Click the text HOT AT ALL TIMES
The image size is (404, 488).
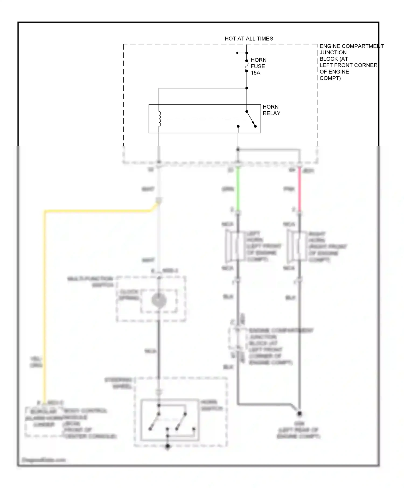[x=249, y=39]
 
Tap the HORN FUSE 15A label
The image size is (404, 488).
[x=258, y=66]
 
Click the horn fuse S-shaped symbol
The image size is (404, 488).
[x=246, y=66]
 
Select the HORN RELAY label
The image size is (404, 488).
[x=271, y=110]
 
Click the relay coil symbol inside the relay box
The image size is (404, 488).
[x=159, y=119]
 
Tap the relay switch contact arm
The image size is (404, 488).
[x=250, y=119]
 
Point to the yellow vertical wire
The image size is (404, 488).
[x=45, y=309]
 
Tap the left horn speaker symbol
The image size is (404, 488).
[x=232, y=246]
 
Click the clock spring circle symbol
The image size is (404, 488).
[x=159, y=300]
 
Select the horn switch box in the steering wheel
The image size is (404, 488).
[x=170, y=420]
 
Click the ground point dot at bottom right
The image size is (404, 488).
[x=299, y=413]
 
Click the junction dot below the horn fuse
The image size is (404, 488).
[x=247, y=88]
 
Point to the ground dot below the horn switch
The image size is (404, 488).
[x=168, y=446]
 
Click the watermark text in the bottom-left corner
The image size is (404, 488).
[x=44, y=460]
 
